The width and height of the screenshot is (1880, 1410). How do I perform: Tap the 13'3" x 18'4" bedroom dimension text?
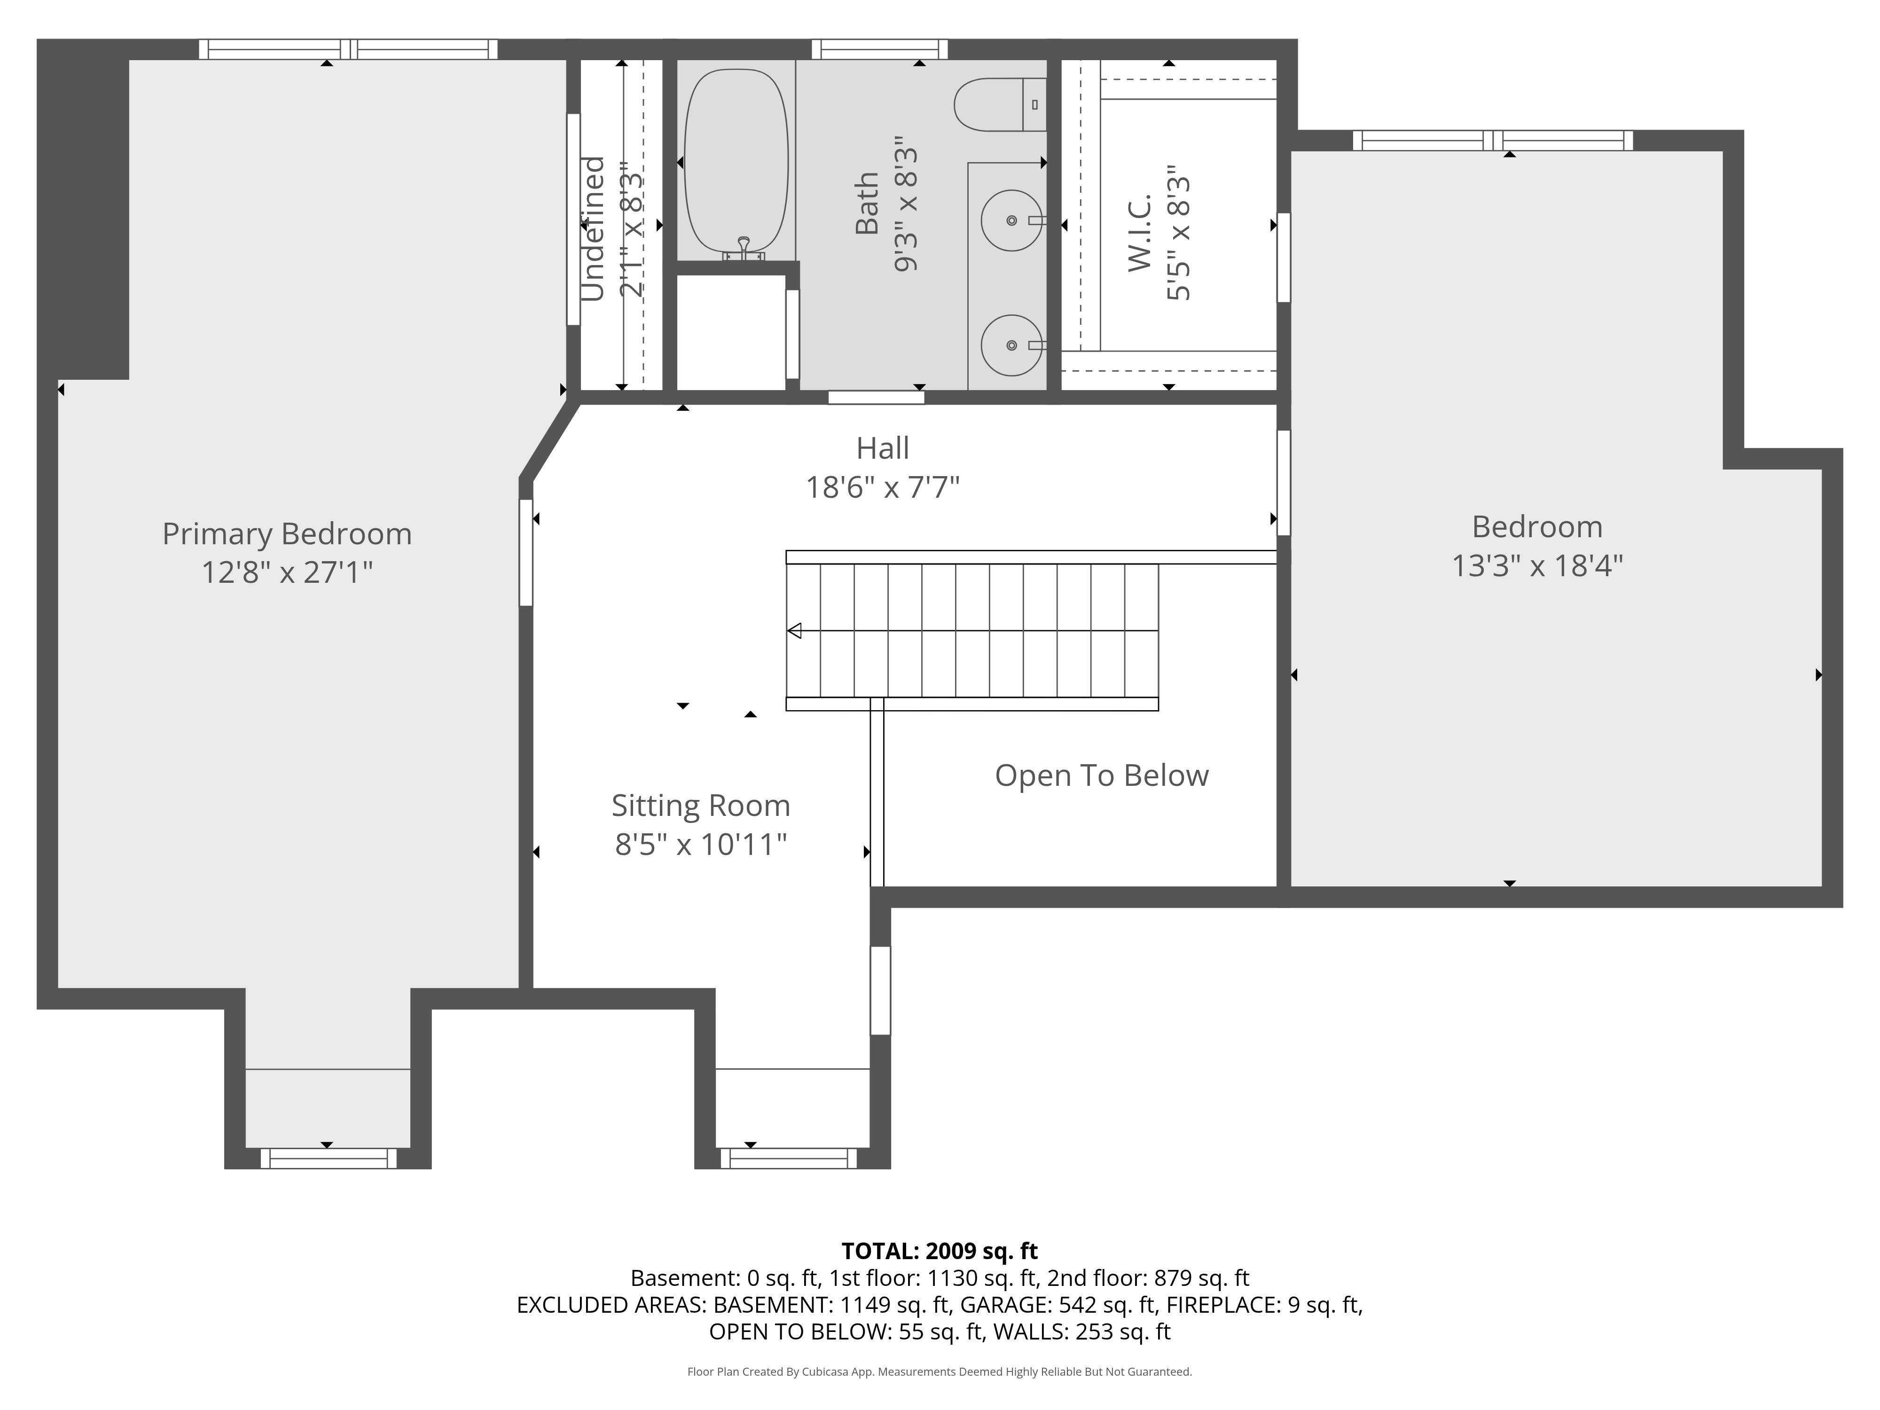click(x=1536, y=566)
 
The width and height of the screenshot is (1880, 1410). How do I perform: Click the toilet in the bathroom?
click(x=999, y=104)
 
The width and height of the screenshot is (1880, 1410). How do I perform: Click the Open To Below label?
click(x=1102, y=775)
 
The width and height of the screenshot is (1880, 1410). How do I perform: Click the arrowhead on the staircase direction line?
click(x=795, y=631)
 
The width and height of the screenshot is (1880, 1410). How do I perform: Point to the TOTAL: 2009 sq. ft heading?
click(x=939, y=1251)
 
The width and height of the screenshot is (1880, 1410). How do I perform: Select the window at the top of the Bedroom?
click(x=1492, y=140)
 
